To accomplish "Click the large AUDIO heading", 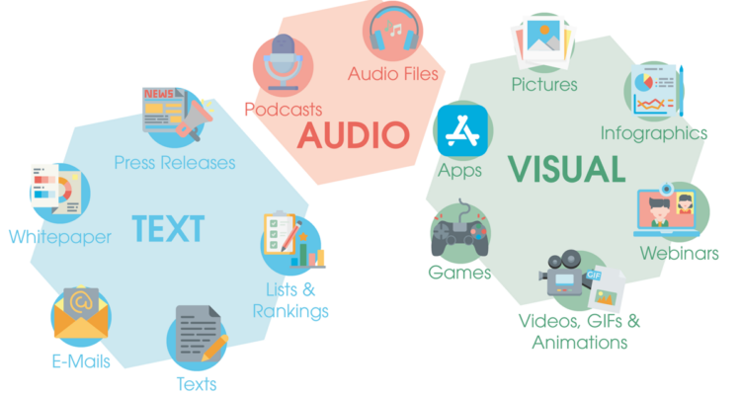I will (x=354, y=134).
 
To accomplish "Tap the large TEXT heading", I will (x=168, y=228).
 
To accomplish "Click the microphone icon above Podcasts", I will (x=284, y=62).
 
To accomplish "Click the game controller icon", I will (x=459, y=233).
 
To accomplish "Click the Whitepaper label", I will (x=59, y=237).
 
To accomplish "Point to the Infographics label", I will (x=654, y=132).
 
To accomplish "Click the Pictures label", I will (x=544, y=85).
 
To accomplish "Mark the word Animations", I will (x=579, y=343).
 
